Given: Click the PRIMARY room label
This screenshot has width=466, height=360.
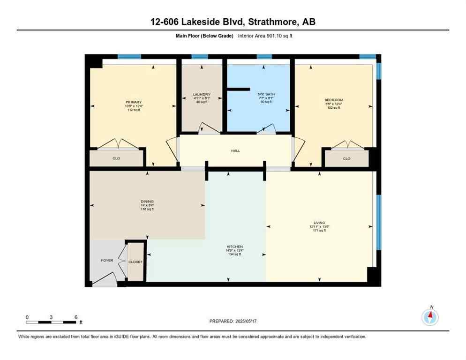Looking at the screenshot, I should coord(133,102).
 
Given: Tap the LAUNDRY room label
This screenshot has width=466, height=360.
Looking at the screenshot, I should coord(202,94).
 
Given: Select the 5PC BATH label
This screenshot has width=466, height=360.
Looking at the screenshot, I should coord(266,94).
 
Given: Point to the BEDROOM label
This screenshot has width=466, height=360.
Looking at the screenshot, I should coord(334,100).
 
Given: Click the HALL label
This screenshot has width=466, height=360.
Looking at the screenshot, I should coord(235,151).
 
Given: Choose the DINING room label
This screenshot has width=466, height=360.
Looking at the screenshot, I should coord(147,201).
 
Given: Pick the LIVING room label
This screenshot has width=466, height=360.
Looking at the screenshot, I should coord(320,223).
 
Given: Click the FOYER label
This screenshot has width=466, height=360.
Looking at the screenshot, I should coord(107,260).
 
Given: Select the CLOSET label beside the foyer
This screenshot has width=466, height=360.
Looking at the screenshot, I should coord(135,262).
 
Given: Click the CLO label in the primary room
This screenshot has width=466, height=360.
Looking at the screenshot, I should coord(116,158).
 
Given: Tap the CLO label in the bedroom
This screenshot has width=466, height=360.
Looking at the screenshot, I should coord(346,158).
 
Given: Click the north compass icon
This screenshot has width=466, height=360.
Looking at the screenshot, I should coord(430,317).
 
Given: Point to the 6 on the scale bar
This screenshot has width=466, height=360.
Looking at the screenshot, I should coord(76,317).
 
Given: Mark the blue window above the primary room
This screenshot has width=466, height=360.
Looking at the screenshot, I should coord(129,57).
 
